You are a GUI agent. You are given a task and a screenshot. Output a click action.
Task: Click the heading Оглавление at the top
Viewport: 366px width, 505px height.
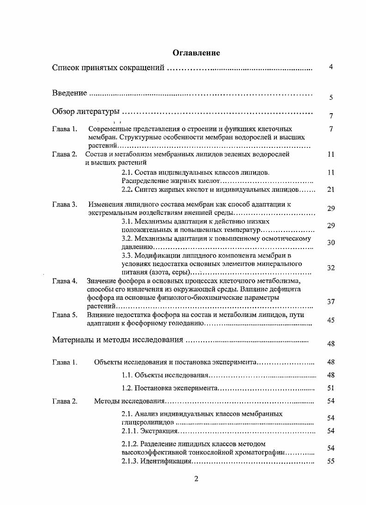click(196, 53)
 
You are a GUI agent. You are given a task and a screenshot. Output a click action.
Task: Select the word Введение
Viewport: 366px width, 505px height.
click(69, 93)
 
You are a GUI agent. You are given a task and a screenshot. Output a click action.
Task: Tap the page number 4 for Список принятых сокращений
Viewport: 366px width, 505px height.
click(331, 67)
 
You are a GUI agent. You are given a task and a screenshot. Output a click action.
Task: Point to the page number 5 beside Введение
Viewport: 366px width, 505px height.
click(331, 97)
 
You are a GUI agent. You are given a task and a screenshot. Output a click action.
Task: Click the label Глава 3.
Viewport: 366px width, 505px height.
click(64, 204)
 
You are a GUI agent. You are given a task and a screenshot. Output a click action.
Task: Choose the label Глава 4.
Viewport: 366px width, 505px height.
click(64, 281)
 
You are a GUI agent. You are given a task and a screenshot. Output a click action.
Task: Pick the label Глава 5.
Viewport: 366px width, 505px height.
click(64, 315)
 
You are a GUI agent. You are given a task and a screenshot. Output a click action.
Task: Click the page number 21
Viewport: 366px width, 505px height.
click(330, 189)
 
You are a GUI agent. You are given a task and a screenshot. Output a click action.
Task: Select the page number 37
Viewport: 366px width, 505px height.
click(330, 302)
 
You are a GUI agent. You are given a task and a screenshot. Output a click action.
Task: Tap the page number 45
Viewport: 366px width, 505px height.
click(330, 320)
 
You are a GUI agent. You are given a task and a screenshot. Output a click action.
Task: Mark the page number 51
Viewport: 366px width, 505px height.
click(330, 388)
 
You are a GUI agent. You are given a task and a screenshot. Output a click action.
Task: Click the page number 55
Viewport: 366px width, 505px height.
click(330, 461)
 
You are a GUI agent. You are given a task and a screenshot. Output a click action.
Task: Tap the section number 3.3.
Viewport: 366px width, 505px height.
click(127, 255)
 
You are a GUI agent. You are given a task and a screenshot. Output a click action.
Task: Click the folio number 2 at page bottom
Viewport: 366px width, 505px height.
click(196, 479)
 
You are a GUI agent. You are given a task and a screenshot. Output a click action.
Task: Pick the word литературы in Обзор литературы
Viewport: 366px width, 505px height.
click(97, 112)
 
